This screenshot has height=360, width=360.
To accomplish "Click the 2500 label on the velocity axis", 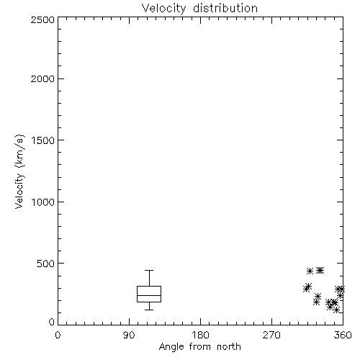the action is tap(42, 19).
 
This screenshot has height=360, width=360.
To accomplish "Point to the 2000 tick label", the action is tap(42, 79).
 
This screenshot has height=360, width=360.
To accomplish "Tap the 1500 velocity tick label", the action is tap(43, 140).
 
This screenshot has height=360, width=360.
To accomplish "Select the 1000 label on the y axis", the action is tap(43, 202).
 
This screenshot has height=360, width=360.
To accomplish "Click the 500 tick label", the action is tap(46, 264).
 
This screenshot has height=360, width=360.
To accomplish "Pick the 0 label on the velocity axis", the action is tap(52, 322).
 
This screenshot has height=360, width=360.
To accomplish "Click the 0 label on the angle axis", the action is tap(58, 335).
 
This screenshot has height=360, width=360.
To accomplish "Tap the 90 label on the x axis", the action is tap(129, 335).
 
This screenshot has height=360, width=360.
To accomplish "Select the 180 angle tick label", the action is tap(200, 335).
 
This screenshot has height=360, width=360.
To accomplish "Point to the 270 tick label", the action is tap(271, 335).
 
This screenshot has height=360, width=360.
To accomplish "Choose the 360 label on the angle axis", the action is tap(343, 335).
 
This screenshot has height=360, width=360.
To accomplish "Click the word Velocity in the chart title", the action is tap(163, 9).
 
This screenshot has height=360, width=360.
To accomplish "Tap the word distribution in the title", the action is tap(225, 8).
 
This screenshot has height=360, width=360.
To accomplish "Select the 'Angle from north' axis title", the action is tap(200, 347).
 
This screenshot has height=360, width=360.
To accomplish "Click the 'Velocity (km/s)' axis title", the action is tap(19, 171).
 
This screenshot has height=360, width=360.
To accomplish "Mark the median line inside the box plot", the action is tap(149, 295).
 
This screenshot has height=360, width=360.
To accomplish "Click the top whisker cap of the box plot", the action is tap(149, 271).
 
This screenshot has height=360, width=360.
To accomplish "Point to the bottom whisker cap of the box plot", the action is tap(149, 310).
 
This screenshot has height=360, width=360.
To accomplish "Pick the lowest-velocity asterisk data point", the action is tap(336, 310).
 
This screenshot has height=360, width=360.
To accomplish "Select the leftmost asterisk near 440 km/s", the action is tap(310, 271).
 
